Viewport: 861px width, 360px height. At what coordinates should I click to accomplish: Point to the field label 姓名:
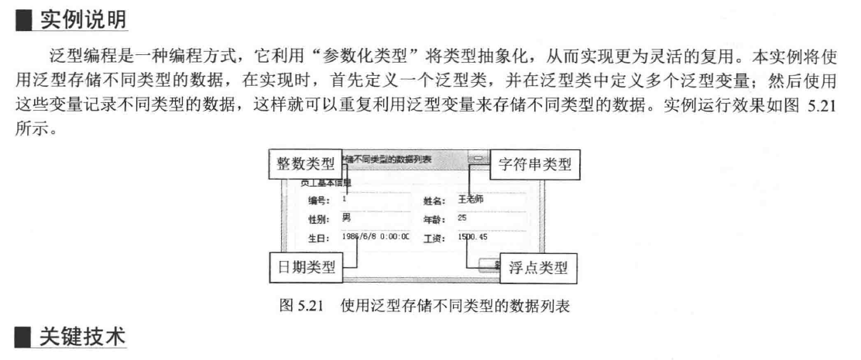tap(434, 201)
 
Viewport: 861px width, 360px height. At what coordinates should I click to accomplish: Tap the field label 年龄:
tap(434, 219)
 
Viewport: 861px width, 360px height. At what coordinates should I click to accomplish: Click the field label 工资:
tap(434, 238)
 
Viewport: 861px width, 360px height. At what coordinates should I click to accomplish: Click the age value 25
tap(462, 218)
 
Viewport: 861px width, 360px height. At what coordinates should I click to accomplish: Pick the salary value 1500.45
tap(472, 237)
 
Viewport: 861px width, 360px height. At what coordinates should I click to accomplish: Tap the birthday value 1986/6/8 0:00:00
tap(375, 237)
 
